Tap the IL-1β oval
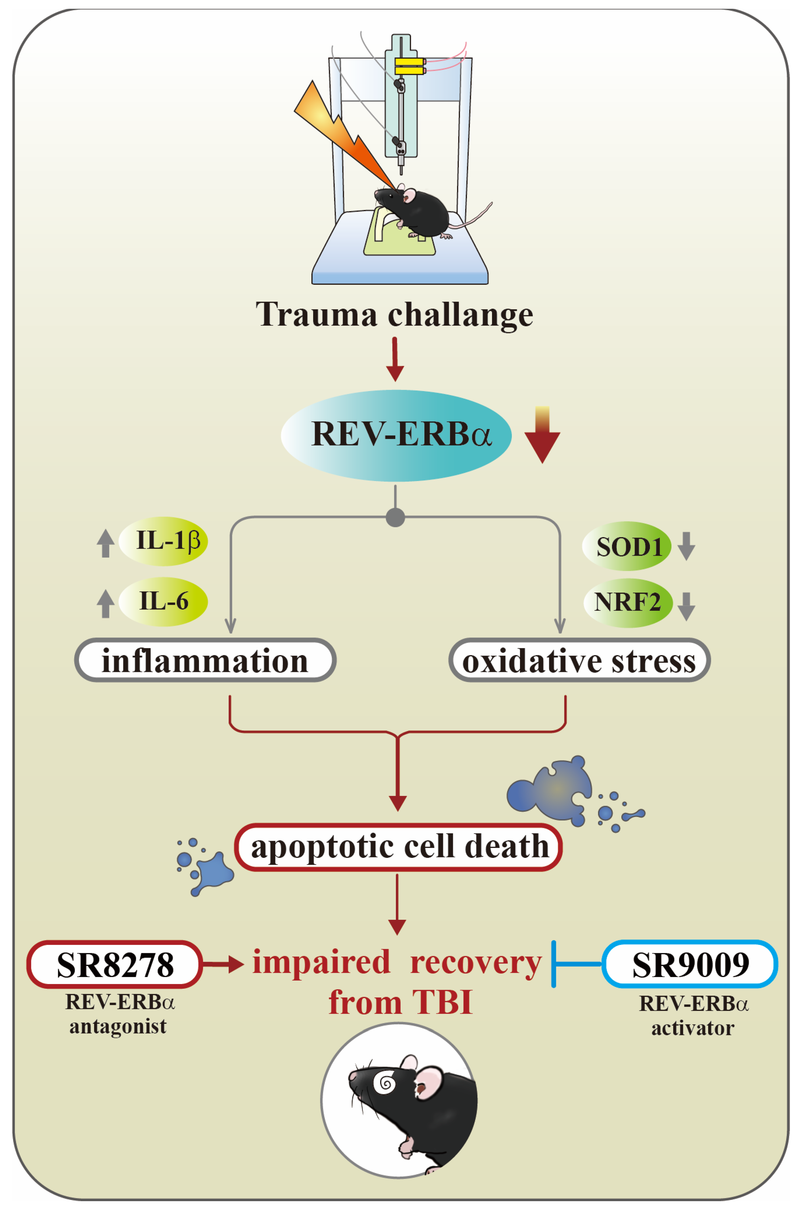tap(163, 541)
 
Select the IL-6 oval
tap(163, 601)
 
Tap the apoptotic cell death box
tap(398, 847)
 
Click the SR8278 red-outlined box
tap(115, 964)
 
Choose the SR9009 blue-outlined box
tap(690, 964)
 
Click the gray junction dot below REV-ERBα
tap(395, 517)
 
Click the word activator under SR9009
tap(693, 1028)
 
